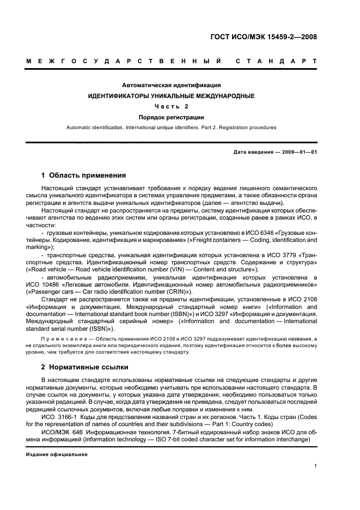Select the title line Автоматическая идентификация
[x=171, y=86]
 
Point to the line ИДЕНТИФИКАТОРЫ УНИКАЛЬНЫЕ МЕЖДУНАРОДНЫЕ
[x=171, y=96]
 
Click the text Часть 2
[x=171, y=106]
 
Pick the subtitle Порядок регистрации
[x=171, y=117]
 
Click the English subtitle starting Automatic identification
[x=171, y=127]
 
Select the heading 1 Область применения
[x=84, y=175]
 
